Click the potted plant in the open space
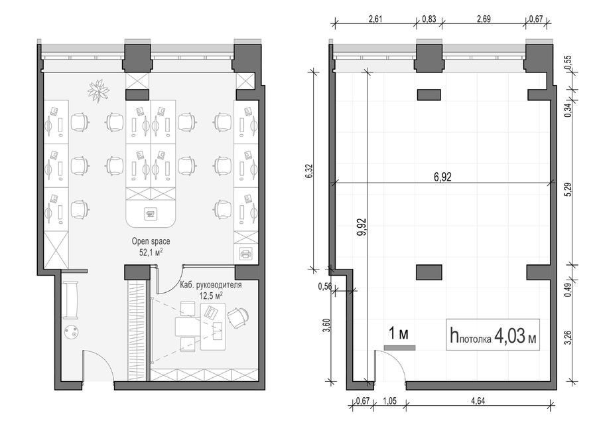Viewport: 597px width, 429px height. [98, 90]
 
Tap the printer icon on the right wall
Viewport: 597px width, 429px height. [245, 253]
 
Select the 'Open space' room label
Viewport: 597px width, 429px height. [151, 241]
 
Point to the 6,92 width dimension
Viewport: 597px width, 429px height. [443, 177]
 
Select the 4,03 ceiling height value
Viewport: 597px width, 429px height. [509, 336]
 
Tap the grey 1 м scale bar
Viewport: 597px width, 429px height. [399, 348]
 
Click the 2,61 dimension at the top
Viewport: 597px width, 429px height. [375, 19]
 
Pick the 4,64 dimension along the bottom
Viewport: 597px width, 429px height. [478, 401]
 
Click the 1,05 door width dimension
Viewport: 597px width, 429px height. [389, 401]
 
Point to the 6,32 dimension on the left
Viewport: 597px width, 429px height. [308, 171]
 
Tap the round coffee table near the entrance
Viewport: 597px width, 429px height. [71, 332]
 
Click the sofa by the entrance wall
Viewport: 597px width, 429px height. [70, 300]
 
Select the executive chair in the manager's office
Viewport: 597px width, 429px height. [238, 317]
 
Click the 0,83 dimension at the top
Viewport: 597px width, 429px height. [429, 19]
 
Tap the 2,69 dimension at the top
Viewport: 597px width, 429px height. [484, 19]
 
